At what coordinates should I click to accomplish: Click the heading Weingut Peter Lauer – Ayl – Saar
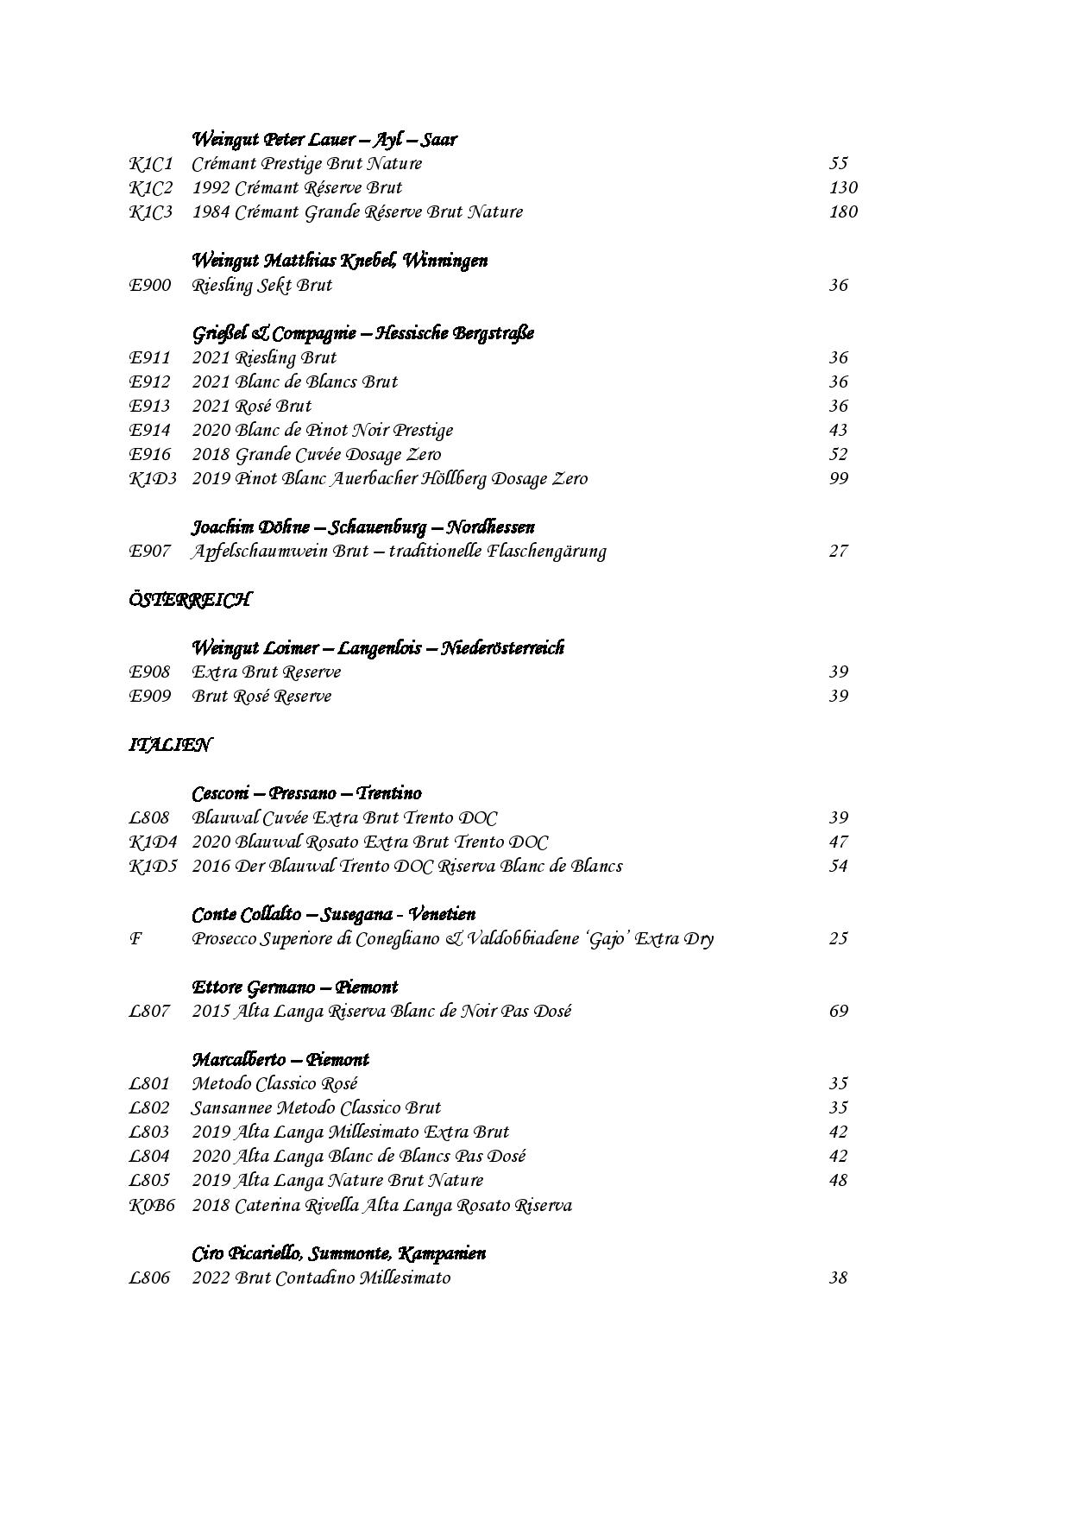click(x=324, y=139)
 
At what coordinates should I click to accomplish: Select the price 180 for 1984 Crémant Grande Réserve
click(x=842, y=211)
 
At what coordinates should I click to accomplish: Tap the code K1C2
click(x=151, y=187)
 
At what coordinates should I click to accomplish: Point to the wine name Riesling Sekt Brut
click(x=262, y=285)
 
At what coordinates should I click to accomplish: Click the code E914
click(x=150, y=430)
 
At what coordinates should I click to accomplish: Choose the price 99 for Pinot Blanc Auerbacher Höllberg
click(x=838, y=478)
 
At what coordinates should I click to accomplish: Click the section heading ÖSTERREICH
click(x=190, y=599)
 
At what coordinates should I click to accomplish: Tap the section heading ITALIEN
click(x=170, y=744)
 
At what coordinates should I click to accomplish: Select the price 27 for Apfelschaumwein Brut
click(x=838, y=551)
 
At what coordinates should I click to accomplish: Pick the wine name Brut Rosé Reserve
click(x=262, y=696)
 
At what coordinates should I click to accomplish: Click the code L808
click(x=149, y=817)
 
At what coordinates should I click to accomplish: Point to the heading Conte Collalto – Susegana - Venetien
click(x=334, y=914)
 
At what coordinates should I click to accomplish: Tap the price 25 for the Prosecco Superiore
click(x=838, y=938)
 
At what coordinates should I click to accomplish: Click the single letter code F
click(x=135, y=938)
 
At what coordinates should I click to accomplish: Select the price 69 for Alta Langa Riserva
click(x=838, y=1011)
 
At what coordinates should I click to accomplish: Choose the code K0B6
click(x=152, y=1205)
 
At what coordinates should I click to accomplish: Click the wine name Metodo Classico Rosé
click(x=275, y=1083)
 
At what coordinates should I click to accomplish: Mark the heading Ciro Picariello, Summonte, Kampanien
click(x=339, y=1253)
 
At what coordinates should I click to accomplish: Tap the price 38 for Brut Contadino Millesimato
click(x=838, y=1277)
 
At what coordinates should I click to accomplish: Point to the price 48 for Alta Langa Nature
click(x=838, y=1180)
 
